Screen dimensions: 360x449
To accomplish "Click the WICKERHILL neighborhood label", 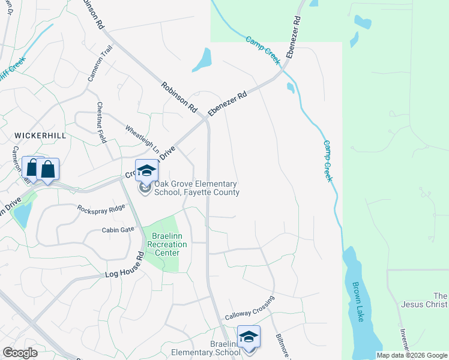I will click(x=40, y=136).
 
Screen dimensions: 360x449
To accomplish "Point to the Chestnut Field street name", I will click(x=101, y=122).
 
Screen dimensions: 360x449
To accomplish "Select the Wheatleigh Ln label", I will click(x=142, y=138).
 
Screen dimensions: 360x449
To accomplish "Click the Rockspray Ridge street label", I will click(x=101, y=208).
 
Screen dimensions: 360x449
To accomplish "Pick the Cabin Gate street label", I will click(x=118, y=230).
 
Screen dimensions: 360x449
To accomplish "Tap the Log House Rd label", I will click(x=125, y=265).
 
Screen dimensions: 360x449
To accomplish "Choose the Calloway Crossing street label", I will click(x=250, y=307).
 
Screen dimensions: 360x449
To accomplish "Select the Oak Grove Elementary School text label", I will click(x=197, y=188).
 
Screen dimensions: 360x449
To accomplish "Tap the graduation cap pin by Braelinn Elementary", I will click(x=248, y=337).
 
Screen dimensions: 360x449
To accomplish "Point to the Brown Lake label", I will click(x=359, y=302).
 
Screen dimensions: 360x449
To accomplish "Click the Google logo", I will click(x=20, y=353).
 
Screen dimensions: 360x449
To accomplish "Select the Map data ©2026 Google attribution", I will click(x=412, y=355).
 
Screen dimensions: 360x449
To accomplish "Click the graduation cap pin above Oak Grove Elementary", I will click(x=145, y=171).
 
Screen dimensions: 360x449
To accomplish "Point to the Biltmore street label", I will click(x=283, y=347).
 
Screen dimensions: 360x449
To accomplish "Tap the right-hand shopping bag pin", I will click(x=48, y=170).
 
